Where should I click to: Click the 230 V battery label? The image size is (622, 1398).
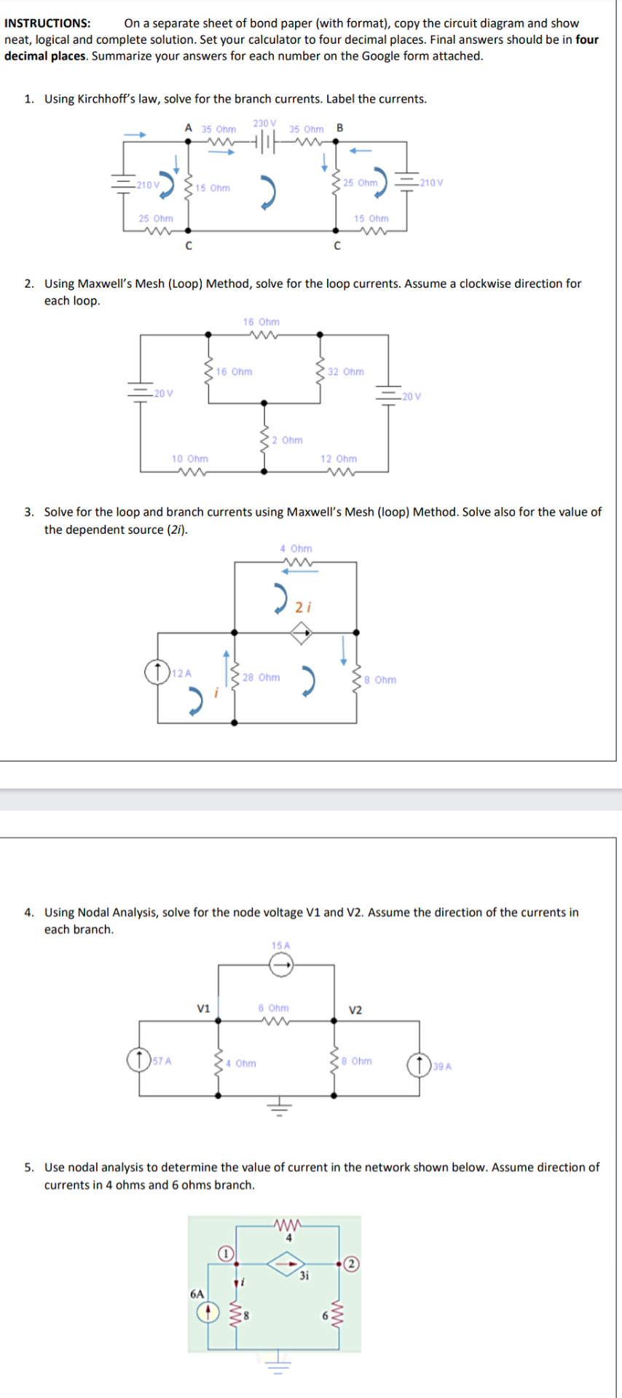[264, 123]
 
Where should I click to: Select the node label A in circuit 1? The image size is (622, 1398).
[188, 128]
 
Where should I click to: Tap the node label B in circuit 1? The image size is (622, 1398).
[340, 128]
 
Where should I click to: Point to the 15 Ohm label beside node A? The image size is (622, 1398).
[212, 188]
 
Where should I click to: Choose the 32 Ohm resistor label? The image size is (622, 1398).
[345, 371]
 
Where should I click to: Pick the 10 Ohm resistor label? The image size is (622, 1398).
[189, 459]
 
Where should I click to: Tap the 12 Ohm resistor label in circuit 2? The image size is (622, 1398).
[339, 459]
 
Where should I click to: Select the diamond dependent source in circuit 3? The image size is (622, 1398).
[302, 633]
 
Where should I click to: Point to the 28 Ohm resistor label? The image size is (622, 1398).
[261, 677]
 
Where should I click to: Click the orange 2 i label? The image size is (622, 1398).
[303, 607]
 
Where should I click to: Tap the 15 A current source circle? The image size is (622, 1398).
[280, 965]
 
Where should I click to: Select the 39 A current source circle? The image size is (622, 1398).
[419, 1065]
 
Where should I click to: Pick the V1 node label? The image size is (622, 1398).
[203, 1008]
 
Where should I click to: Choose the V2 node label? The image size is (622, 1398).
[355, 1010]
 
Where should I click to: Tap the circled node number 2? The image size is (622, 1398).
[352, 1263]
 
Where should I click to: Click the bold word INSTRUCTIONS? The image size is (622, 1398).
[47, 23]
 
